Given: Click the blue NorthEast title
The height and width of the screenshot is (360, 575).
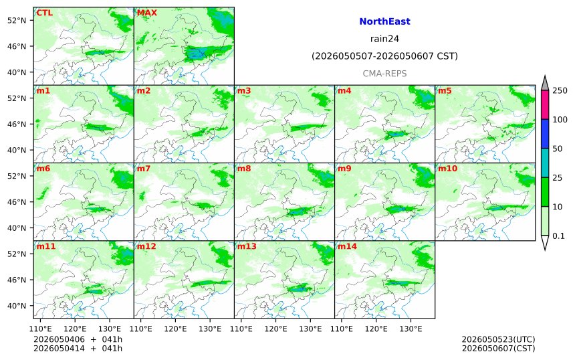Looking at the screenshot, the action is [x=384, y=21].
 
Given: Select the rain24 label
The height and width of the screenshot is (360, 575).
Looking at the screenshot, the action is [x=384, y=39].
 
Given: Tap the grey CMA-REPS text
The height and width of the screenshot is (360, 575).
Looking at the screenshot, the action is [x=384, y=74].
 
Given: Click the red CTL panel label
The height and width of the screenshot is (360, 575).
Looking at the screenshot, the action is [x=44, y=13].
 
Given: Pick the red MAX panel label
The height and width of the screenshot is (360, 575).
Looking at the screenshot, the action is [x=146, y=13].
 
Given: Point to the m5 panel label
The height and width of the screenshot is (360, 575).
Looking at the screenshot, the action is [x=445, y=90].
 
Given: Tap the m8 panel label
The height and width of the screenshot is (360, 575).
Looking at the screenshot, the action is [x=244, y=169].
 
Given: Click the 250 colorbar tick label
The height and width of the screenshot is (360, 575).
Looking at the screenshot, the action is [x=560, y=90].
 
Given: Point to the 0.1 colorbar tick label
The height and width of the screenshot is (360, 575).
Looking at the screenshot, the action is [x=558, y=236].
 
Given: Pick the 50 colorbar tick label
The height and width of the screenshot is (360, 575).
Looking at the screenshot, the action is [x=558, y=149].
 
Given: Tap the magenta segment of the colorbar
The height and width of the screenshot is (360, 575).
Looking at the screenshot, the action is [x=545, y=104].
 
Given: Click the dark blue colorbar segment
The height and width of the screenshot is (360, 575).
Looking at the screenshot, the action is [x=545, y=134].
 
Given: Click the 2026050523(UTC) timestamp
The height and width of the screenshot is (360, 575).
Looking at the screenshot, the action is [x=498, y=339].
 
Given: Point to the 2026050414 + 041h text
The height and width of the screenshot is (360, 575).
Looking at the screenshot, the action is [x=78, y=348].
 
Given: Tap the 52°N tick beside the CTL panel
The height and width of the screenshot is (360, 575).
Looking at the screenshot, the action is [x=17, y=20].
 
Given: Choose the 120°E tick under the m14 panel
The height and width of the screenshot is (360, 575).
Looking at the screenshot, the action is [x=376, y=329].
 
